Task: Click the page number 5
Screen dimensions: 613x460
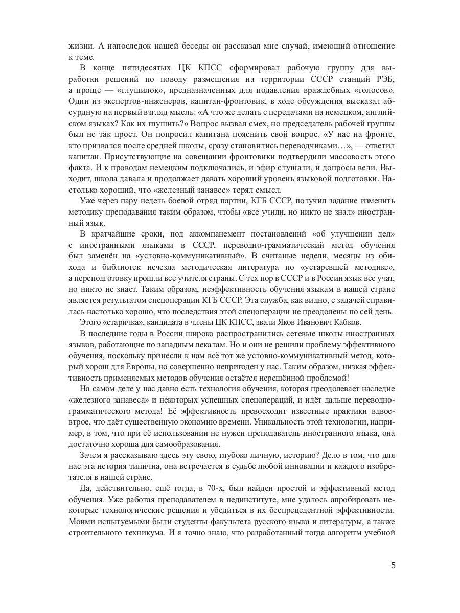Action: click(x=393, y=565)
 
